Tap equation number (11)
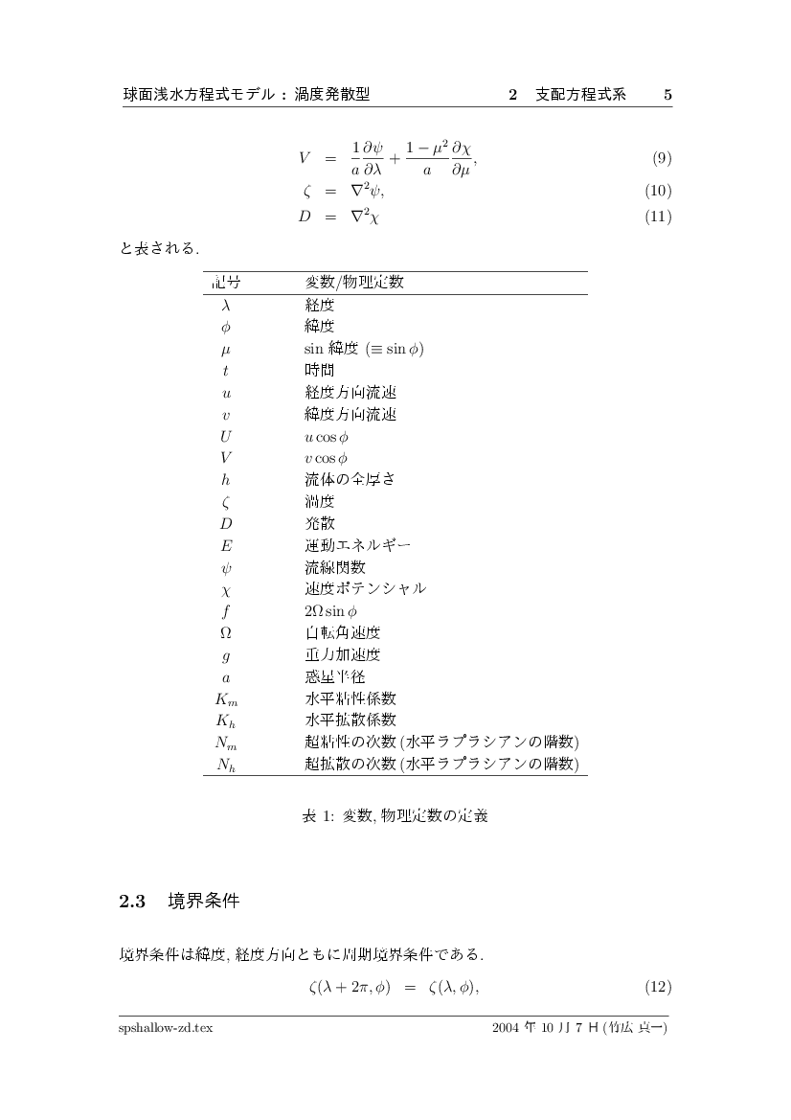point(659,217)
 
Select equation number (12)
point(659,987)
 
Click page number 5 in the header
point(667,95)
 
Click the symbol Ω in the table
point(226,632)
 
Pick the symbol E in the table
point(226,545)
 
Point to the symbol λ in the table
point(226,306)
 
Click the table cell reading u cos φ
point(328,436)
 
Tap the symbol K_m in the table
point(226,697)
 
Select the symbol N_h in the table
point(226,764)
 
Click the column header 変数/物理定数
point(354,283)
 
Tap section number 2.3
point(131,902)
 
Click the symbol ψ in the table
point(226,567)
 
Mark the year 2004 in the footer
point(505,1027)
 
